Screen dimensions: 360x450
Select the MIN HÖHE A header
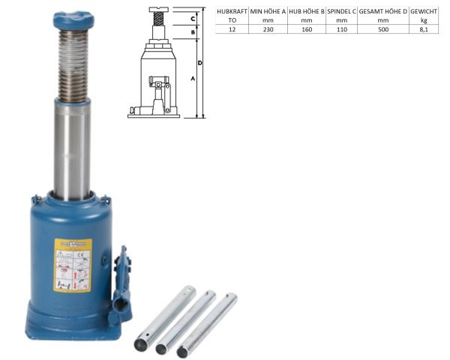point(268,12)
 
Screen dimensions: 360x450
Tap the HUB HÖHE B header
point(306,12)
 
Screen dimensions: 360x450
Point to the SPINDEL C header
point(341,12)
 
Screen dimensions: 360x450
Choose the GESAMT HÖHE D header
point(382,12)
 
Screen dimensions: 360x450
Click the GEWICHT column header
point(424,12)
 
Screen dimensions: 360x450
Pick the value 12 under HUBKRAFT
point(232,29)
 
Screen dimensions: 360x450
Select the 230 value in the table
point(268,29)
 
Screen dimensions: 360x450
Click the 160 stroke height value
point(306,29)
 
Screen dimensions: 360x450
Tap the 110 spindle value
point(341,29)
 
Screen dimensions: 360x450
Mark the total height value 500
point(382,29)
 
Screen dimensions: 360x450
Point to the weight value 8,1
point(424,29)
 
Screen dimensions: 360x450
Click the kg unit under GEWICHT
point(424,20)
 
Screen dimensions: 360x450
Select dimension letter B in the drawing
point(193,32)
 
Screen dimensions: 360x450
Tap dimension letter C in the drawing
point(193,17)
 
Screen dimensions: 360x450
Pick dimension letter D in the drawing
point(201,63)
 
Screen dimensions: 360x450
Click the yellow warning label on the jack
point(73,265)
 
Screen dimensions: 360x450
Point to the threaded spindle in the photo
point(73,66)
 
